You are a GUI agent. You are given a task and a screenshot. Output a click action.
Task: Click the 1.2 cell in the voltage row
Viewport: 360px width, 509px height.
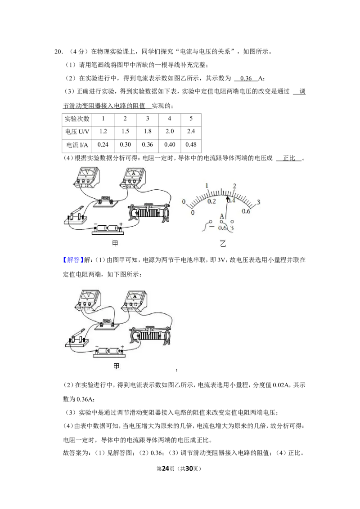click(x=103, y=131)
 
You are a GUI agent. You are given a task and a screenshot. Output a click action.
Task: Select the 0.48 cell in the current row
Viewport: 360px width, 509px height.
click(x=191, y=145)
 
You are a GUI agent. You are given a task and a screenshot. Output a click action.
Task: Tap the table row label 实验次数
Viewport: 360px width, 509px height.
click(x=77, y=119)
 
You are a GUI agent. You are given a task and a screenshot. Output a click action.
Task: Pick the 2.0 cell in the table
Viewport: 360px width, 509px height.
click(x=170, y=131)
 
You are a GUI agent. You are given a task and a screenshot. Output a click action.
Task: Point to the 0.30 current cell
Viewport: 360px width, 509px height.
click(x=125, y=145)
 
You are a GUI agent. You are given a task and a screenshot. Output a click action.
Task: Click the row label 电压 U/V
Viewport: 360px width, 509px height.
click(x=77, y=131)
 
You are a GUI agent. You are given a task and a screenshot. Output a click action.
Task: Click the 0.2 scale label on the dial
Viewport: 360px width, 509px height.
click(x=211, y=201)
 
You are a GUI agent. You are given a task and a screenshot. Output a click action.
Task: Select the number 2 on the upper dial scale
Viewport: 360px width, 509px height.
click(x=234, y=186)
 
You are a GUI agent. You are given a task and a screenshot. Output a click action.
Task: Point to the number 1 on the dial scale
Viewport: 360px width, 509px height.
click(x=207, y=186)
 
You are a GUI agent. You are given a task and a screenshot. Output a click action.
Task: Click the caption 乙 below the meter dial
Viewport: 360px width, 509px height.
click(x=223, y=243)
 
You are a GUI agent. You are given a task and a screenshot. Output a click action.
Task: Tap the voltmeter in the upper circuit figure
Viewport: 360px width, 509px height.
click(x=86, y=177)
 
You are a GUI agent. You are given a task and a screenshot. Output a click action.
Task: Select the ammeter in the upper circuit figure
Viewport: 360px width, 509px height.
click(x=133, y=177)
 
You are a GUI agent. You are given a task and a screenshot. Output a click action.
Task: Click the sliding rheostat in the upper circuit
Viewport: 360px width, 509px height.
click(x=149, y=212)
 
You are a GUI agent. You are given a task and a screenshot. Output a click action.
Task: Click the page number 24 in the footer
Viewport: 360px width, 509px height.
click(x=166, y=469)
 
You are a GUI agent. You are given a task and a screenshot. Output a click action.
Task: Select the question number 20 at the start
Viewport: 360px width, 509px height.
click(x=58, y=51)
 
